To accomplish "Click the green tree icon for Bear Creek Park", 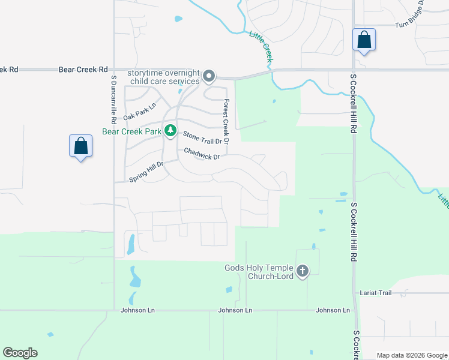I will click(171, 130).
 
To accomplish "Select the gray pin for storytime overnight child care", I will click(209, 76).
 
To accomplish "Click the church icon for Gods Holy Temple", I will click(302, 271).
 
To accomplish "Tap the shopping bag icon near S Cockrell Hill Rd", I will click(364, 40).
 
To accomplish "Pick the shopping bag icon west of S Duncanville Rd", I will click(81, 146).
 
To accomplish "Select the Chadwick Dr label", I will click(202, 154).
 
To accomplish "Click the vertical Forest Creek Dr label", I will click(226, 122).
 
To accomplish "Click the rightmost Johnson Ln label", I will click(333, 310).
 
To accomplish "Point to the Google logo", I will click(20, 353).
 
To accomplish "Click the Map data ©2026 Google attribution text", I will click(411, 355).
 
